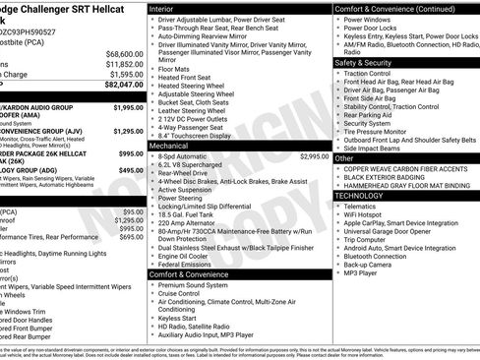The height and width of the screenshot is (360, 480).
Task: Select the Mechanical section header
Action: coord(170,145)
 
